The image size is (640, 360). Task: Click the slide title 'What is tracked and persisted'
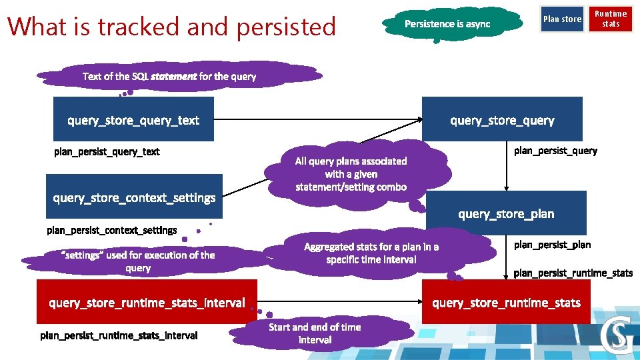point(172,27)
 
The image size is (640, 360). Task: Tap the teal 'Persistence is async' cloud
point(447,24)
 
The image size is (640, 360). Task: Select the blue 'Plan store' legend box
point(562,19)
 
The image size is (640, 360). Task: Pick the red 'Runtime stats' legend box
point(611,19)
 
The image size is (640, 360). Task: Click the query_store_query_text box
point(133,119)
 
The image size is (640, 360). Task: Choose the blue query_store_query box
point(502,119)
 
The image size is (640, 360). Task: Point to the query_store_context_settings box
point(134,197)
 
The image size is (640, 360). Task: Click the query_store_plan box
point(506,213)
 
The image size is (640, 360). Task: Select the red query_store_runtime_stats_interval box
point(147,303)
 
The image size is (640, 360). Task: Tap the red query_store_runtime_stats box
point(507,303)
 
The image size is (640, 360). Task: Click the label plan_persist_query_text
point(107,151)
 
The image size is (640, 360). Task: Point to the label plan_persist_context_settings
point(112,231)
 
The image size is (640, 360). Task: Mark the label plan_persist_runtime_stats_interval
point(119,335)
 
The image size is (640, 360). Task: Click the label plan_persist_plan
point(552,245)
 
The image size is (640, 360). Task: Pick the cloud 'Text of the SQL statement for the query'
point(169,76)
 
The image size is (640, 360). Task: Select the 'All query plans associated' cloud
point(351,173)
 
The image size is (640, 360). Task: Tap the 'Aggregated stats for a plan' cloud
point(371,253)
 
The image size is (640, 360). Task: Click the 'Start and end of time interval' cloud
point(315,333)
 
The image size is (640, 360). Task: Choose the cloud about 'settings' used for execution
point(138,261)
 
